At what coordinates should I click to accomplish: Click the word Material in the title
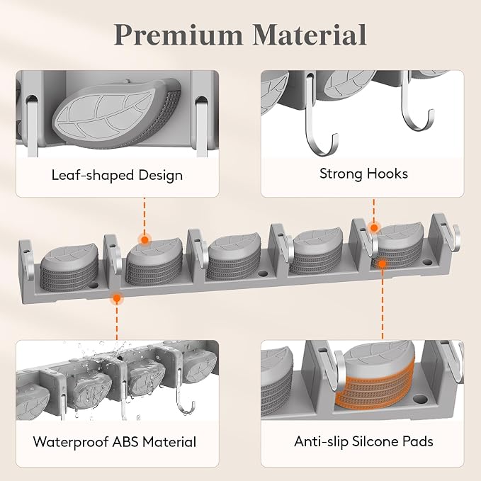[310, 34]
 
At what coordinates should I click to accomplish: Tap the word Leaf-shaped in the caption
[92, 176]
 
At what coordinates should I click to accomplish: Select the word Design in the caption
[160, 176]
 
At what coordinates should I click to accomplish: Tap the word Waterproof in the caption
[70, 442]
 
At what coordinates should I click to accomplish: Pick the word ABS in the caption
[125, 442]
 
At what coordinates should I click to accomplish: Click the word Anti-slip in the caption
[321, 442]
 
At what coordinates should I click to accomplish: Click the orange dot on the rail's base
[117, 298]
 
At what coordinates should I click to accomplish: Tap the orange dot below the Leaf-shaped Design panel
[145, 239]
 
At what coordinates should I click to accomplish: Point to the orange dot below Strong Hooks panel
[374, 228]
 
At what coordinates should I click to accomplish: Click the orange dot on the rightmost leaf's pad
[382, 264]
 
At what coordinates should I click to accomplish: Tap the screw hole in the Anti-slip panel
[420, 399]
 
